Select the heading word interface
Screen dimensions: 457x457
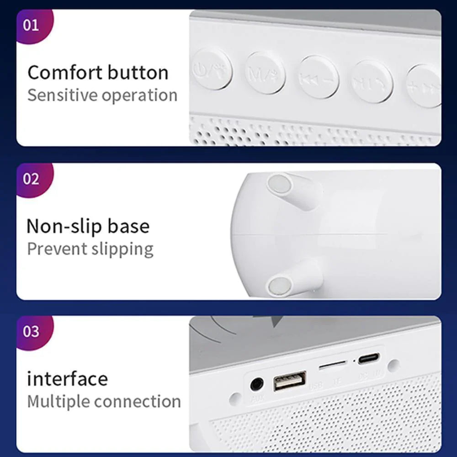pos(67,378)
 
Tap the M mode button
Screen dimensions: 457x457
pos(265,74)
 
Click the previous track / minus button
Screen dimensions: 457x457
pos(319,77)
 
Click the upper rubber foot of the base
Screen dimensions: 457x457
pos(280,184)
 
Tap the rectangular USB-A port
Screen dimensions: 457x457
pos(290,380)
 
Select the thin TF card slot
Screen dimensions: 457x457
pos(332,366)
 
